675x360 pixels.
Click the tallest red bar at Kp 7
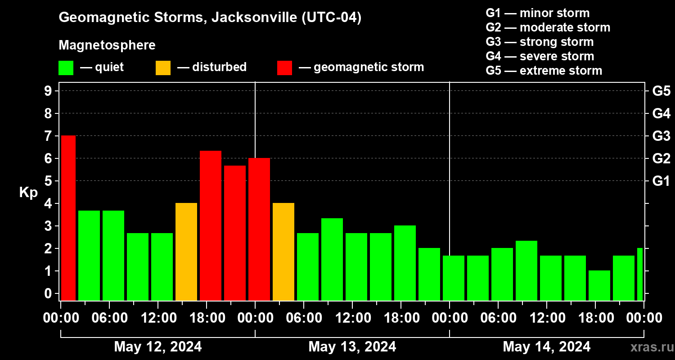click(x=68, y=218)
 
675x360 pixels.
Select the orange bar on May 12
click(x=186, y=252)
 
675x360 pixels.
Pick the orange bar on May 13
click(x=283, y=252)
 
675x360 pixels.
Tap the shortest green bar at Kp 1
click(x=599, y=285)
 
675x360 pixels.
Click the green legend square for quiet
click(x=66, y=67)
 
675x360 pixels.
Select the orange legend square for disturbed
click(x=163, y=67)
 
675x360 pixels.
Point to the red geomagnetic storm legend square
click(x=284, y=67)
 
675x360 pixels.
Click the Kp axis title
click(x=28, y=193)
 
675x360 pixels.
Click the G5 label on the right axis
click(x=661, y=91)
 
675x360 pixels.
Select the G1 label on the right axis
click(x=661, y=181)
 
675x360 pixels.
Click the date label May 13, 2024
click(x=352, y=346)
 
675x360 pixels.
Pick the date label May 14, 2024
click(x=546, y=346)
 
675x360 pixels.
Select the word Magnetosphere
click(x=107, y=45)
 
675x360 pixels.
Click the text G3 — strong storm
click(x=540, y=42)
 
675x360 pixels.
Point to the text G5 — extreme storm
click(x=544, y=71)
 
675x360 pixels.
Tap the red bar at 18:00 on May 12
click(x=211, y=225)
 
